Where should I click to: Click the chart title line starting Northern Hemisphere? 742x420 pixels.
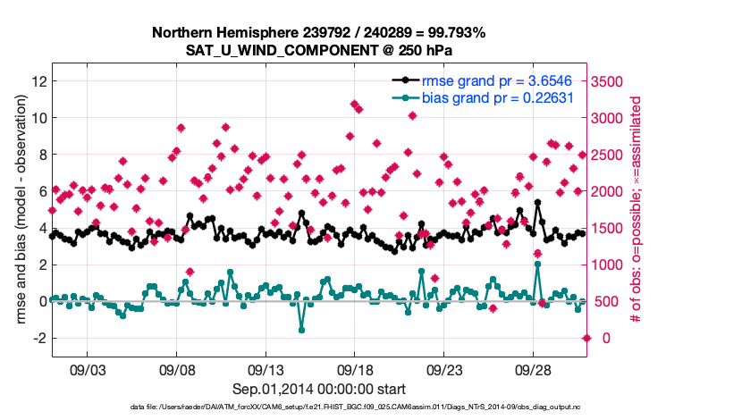pyautogui.click(x=318, y=33)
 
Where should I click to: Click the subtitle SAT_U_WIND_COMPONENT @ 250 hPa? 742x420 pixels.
pyautogui.click(x=319, y=50)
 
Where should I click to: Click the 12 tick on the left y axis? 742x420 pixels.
pyautogui.click(x=38, y=80)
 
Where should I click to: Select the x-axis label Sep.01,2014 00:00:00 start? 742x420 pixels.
pyautogui.click(x=319, y=389)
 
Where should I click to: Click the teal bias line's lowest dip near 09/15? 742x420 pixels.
pyautogui.click(x=302, y=330)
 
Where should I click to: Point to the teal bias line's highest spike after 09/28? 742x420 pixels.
pyautogui.click(x=537, y=264)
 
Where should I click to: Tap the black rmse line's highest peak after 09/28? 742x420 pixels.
pyautogui.click(x=538, y=203)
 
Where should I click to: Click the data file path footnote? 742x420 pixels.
pyautogui.click(x=318, y=407)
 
